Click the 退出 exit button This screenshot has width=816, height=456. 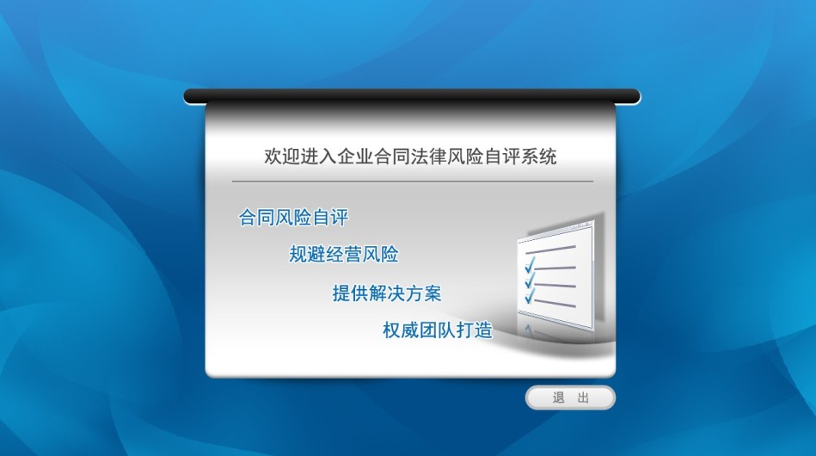click(570, 397)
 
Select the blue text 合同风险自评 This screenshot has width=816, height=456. click(293, 217)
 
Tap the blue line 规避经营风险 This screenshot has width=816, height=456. click(344, 255)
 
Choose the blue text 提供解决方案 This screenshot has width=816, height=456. click(387, 293)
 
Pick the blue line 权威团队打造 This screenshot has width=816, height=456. click(438, 330)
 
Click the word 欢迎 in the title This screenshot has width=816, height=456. click(282, 157)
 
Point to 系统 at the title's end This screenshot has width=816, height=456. click(538, 157)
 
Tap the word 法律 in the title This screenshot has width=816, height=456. click(429, 157)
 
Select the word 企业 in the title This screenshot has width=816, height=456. click(355, 157)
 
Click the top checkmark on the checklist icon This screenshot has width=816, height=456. click(530, 266)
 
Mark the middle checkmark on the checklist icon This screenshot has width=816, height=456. click(530, 281)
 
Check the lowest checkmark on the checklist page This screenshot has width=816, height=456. click(530, 296)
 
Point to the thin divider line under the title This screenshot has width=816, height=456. click(413, 182)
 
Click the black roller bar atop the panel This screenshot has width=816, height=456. click(412, 96)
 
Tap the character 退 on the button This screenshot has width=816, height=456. click(558, 397)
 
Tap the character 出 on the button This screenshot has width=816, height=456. click(583, 397)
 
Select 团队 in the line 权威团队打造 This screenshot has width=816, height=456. click(438, 330)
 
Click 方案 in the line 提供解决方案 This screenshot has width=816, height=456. click(424, 293)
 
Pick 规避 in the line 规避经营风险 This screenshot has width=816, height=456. click(307, 255)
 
